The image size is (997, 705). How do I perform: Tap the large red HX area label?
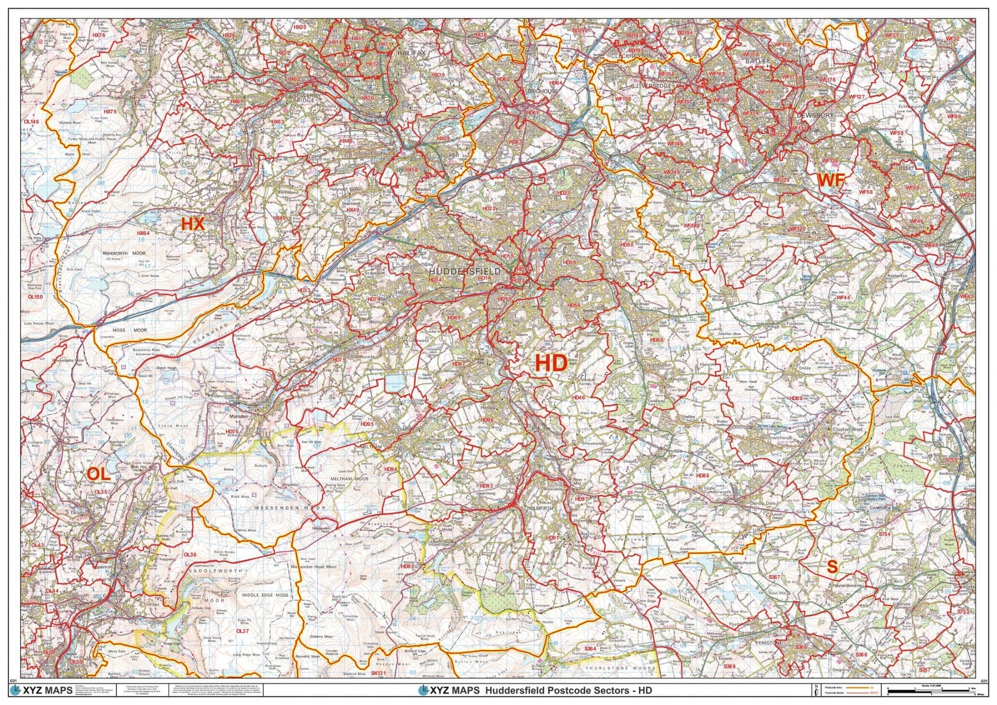[x=193, y=223]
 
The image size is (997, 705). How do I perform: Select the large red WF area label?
[x=831, y=181]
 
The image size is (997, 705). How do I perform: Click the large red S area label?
[x=832, y=566]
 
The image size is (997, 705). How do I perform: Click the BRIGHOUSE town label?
[x=543, y=91]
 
